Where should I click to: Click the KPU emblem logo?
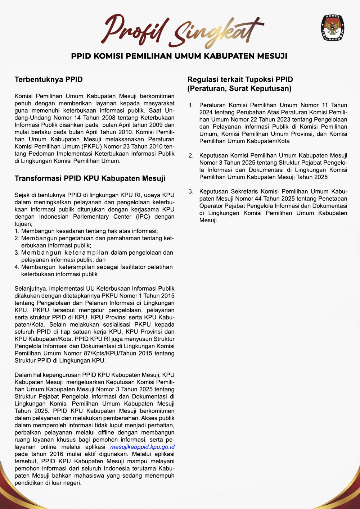pyautogui.click(x=332, y=28)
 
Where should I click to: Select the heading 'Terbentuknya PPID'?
pyautogui.click(x=49, y=79)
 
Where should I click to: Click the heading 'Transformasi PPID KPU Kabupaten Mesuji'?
pyautogui.click(x=90, y=178)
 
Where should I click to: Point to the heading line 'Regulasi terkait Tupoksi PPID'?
pyautogui.click(x=240, y=79)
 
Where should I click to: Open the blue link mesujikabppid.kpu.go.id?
pyautogui.click(x=142, y=447)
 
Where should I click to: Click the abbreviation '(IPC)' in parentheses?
pyautogui.click(x=143, y=217)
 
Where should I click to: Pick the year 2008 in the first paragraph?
pyautogui.click(x=108, y=118)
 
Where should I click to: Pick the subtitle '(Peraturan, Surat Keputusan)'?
pyautogui.click(x=239, y=88)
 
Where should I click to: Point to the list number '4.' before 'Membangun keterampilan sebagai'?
pyautogui.click(x=17, y=267)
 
